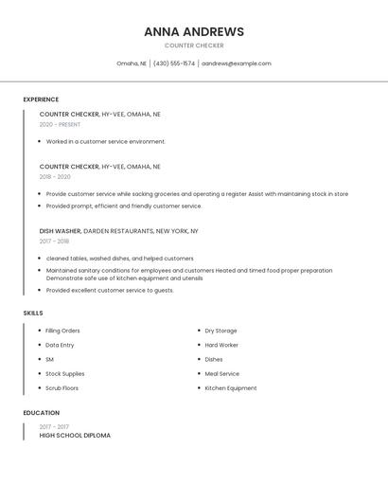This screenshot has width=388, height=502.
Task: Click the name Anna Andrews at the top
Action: pos(194,31)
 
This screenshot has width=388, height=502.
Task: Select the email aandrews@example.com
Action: pos(237,63)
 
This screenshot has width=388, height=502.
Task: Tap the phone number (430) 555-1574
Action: pos(174,63)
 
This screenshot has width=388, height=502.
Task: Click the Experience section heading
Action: pos(41,99)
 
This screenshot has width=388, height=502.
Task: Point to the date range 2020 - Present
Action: pos(60,124)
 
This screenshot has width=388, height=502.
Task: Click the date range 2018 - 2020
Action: pos(55,176)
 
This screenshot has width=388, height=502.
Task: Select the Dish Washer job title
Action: pos(60,230)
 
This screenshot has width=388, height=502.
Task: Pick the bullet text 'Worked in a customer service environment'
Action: pos(105,141)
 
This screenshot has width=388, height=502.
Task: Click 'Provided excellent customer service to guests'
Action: pos(110,291)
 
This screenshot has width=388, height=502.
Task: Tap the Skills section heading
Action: pos(33,313)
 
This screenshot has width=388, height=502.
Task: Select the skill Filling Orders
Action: pos(62,331)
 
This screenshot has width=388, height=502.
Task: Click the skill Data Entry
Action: pos(60,345)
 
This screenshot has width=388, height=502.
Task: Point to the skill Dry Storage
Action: pos(221,331)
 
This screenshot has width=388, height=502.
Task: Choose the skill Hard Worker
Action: pos(221,345)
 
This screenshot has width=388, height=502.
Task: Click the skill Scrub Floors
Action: pos(62,388)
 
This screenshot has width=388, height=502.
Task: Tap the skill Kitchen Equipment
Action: pos(231,388)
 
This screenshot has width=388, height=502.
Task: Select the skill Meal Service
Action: pos(222,374)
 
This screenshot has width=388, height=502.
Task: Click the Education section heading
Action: pos(42,413)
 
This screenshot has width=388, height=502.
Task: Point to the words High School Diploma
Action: pos(75,436)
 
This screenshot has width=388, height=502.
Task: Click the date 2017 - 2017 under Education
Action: pos(53,427)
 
